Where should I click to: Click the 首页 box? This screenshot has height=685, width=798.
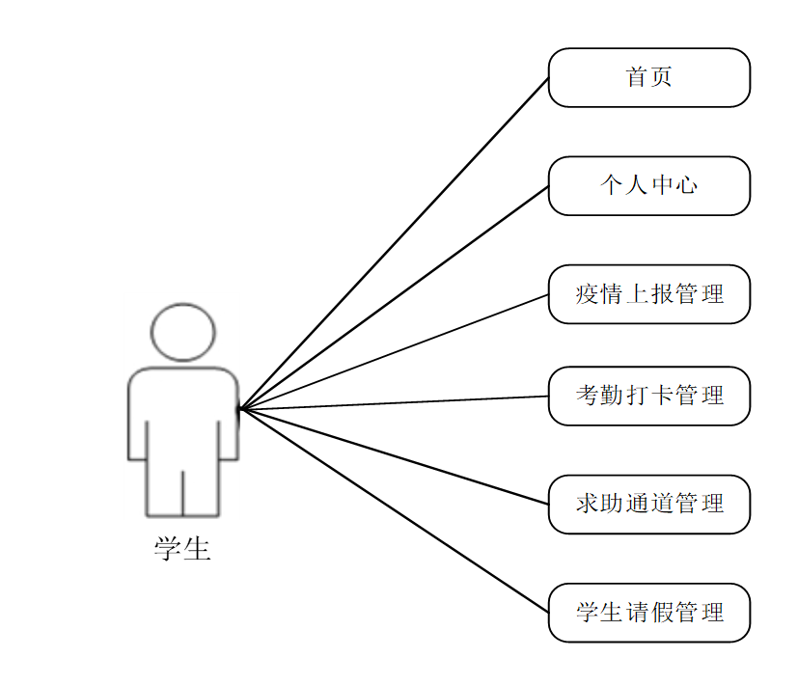pos(648,77)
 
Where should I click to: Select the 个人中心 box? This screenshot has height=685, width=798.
pos(648,185)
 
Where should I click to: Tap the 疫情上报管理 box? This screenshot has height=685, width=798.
pos(648,294)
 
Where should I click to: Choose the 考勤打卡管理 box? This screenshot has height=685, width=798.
pos(648,396)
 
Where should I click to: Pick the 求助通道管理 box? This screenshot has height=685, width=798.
pos(648,504)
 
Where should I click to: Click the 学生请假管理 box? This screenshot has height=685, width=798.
pos(648,613)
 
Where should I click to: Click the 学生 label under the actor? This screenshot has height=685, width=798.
pos(182,550)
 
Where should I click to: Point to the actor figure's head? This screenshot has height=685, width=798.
pos(182,332)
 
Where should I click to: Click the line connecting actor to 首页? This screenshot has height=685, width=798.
pos(394,243)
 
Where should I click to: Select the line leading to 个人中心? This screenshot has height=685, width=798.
pos(394,297)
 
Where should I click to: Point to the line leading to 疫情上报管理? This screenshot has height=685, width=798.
pos(394,352)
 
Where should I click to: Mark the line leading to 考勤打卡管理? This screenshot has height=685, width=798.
pos(394,402)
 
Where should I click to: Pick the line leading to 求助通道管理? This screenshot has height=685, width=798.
pos(394,456)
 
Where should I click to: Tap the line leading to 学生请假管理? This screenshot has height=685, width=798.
pos(394,510)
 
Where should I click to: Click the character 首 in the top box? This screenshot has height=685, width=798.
pos(637,77)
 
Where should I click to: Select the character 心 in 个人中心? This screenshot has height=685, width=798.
pos(687,185)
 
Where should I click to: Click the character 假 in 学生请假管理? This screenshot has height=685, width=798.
pos(662,613)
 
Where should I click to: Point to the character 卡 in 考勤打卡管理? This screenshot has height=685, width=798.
pos(662,396)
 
